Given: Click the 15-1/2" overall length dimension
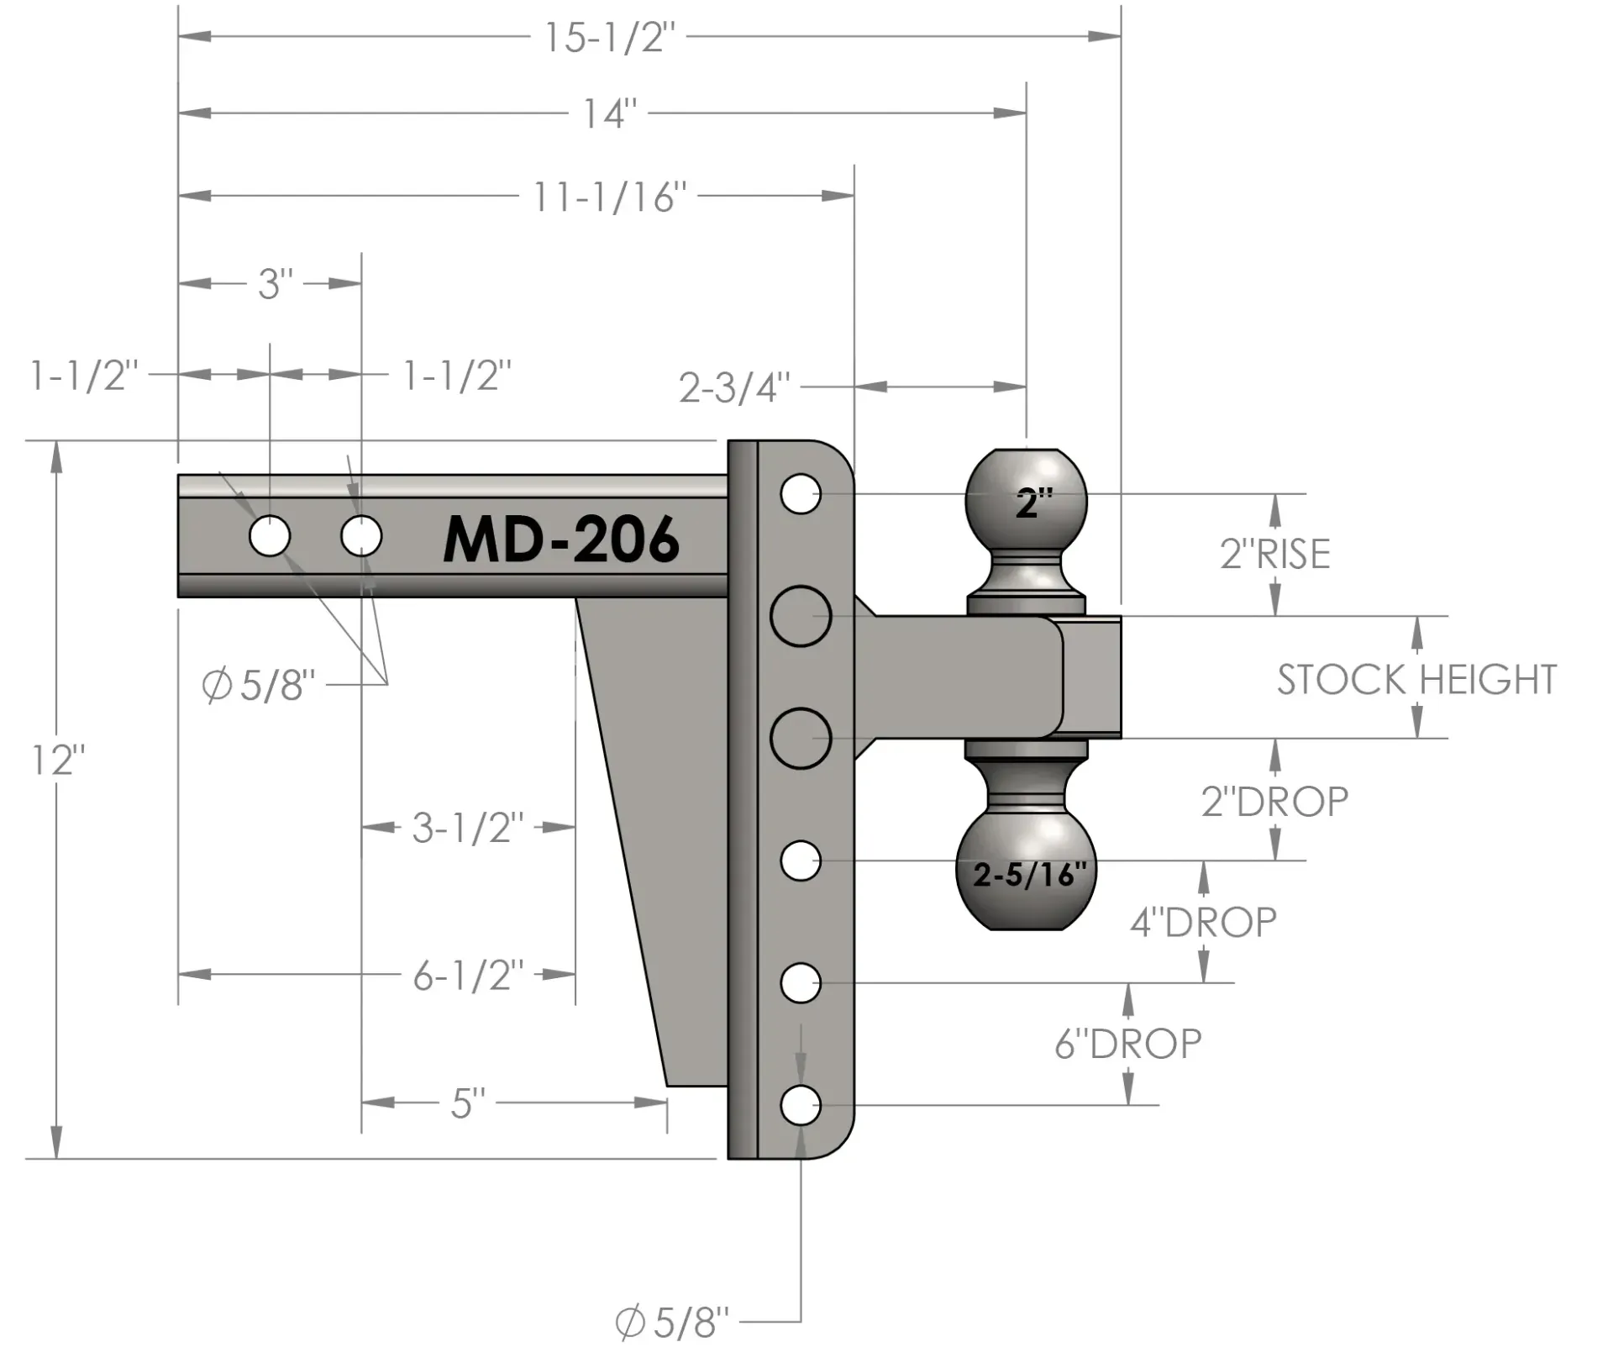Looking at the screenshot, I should pos(609,38).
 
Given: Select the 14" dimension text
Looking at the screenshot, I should pos(610,114).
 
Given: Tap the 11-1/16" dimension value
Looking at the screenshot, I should pos(609,198).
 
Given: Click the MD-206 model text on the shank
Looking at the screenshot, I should pos(561,539).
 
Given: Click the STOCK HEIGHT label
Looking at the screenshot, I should pos(1416,679).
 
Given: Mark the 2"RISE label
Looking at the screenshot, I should pos(1274,555).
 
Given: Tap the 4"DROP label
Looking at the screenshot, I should pos(1203,923).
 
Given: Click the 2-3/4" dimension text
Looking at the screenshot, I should pos(734,388).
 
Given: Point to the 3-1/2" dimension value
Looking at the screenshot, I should pos(467,829).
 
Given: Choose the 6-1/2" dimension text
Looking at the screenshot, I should pos(468,976).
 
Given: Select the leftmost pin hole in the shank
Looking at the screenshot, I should pos(270,536).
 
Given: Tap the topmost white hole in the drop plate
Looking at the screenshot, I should pos(801,494).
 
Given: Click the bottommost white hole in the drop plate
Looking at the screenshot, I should pos(801,1106).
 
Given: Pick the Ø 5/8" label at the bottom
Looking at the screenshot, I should pos(672,1323).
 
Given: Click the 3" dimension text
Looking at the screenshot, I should pos(275,285).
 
